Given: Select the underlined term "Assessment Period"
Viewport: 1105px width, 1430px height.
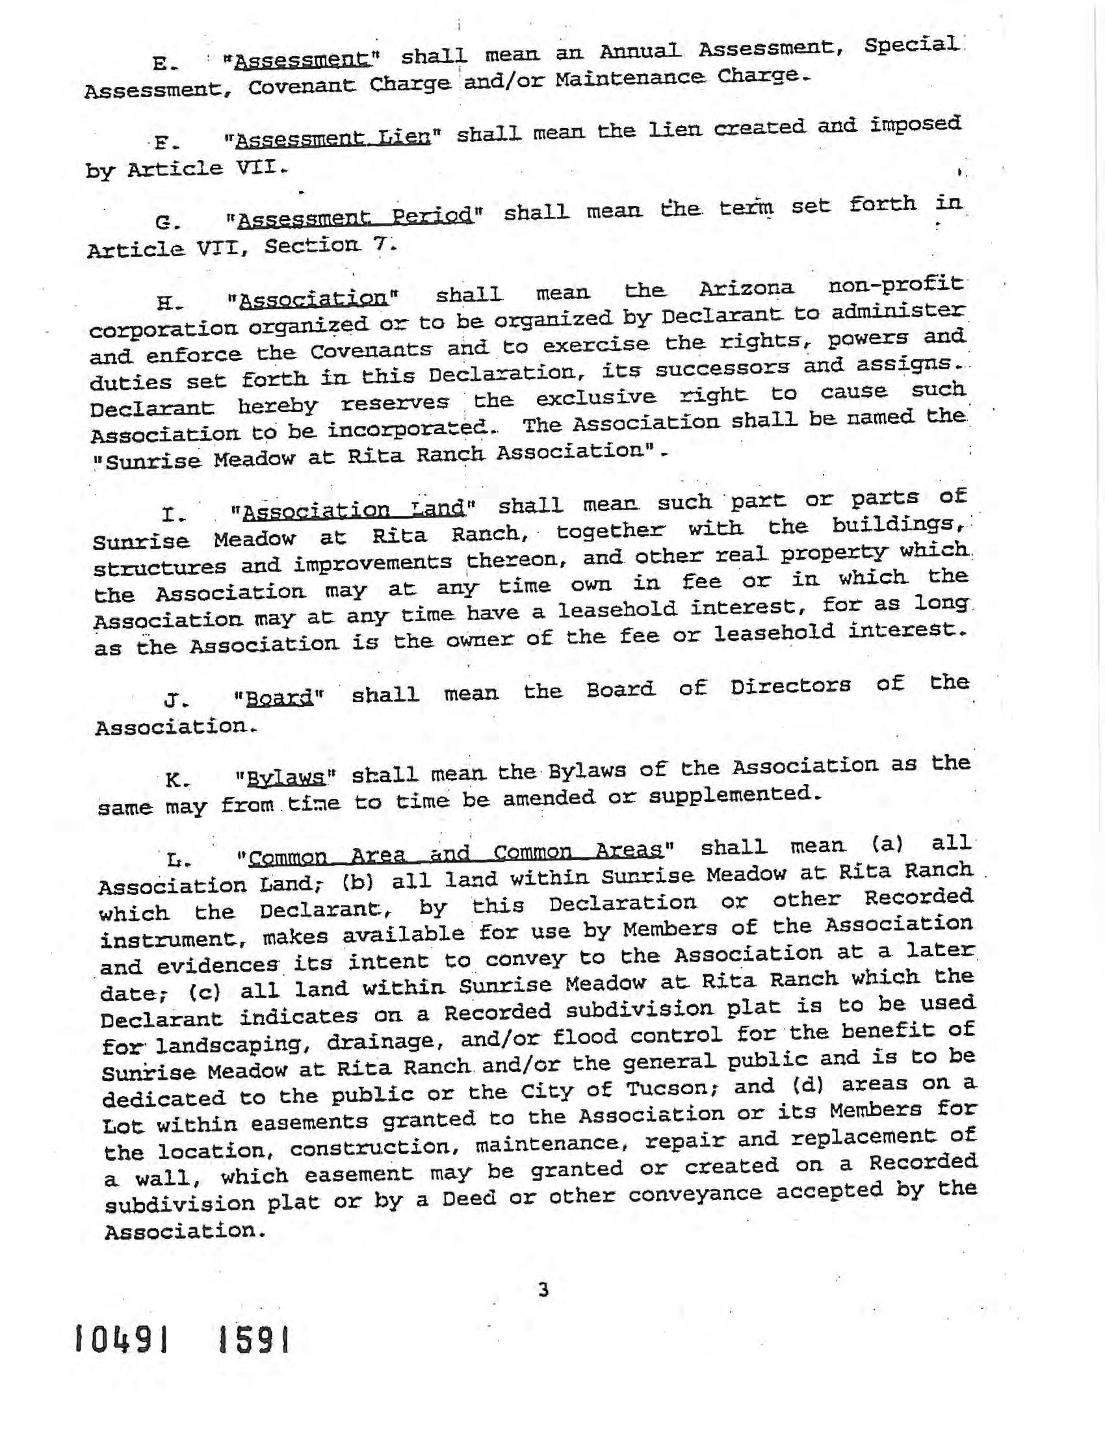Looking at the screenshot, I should pos(355,216).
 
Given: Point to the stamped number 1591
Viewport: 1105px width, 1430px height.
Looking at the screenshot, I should pos(253,1342).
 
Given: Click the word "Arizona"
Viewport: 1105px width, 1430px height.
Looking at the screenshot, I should pos(747,289).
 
